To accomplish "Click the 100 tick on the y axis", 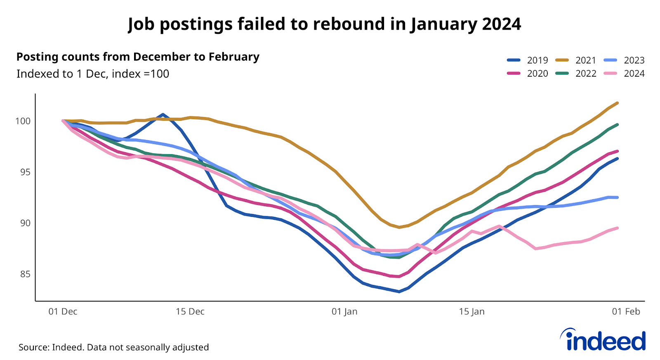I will (x=23, y=121).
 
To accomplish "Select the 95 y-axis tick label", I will (x=25, y=172).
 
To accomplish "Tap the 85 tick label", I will (x=25, y=274).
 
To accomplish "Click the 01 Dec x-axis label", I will (x=63, y=312).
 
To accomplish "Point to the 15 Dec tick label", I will (x=190, y=312).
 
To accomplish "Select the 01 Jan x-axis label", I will (x=344, y=312).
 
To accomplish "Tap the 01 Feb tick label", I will (x=626, y=312).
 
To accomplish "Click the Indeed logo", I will (x=603, y=340).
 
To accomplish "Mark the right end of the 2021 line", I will (x=617, y=103).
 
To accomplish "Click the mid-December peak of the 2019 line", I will (x=163, y=114).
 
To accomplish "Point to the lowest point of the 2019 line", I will (x=399, y=292).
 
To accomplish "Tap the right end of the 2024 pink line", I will (x=617, y=228).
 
